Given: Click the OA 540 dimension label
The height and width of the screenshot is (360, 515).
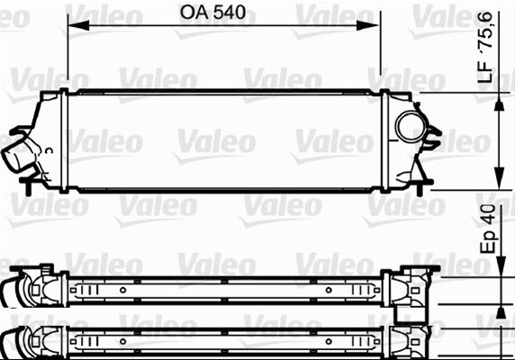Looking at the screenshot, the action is tap(212, 12).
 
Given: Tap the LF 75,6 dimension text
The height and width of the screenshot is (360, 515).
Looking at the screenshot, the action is tap(486, 47).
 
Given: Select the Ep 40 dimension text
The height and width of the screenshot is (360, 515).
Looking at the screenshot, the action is tap(488, 229).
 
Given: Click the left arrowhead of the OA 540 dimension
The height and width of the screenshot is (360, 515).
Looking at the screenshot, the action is tap(78, 25).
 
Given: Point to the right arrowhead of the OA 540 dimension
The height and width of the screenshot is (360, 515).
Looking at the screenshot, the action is tap(368, 25).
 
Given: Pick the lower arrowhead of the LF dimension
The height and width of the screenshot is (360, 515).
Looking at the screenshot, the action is tap(499, 178).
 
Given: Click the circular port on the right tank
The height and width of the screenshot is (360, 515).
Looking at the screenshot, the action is tap(411, 126).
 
